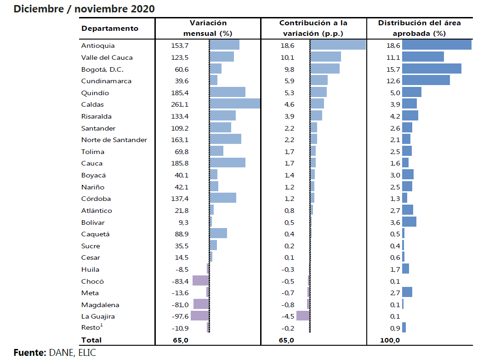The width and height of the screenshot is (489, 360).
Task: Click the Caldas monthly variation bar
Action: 235,104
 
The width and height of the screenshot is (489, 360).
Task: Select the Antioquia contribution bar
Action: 338,45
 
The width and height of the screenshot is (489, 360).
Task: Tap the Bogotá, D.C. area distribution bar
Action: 432,69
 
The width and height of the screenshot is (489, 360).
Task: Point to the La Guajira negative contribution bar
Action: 303,315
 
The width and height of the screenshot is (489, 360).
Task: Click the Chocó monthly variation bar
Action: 200,280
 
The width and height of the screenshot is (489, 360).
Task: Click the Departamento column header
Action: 110,29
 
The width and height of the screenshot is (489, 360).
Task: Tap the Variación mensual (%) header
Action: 208,28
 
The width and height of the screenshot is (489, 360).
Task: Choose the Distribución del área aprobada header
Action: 419,28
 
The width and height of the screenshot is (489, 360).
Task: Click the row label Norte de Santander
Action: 114,140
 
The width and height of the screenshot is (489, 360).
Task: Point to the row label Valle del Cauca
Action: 107,57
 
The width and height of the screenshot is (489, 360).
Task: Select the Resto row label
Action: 91,328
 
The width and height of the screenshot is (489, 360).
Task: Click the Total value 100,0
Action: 391,340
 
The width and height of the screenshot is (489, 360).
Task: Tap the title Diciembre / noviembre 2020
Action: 84,9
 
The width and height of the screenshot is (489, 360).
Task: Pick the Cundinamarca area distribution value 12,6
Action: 394,81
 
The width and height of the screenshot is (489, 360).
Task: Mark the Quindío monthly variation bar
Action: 227,92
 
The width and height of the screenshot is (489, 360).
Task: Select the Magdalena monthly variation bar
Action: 201,304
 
